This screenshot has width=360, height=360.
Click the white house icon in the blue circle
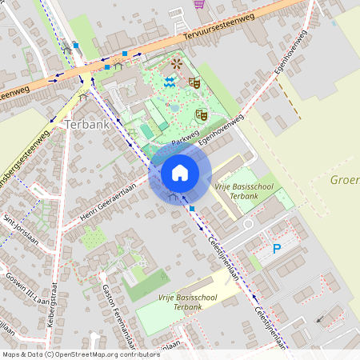coord(180,172)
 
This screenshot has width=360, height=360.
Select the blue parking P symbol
coord(277,249)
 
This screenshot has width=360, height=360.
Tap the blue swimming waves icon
coord(170,81)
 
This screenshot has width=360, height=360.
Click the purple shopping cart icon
coord(198,4)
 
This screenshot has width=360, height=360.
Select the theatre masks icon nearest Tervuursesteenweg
coord(194,82)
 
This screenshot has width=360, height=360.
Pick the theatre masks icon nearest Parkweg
coord(202,115)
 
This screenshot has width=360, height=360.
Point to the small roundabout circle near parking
coord(248,225)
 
